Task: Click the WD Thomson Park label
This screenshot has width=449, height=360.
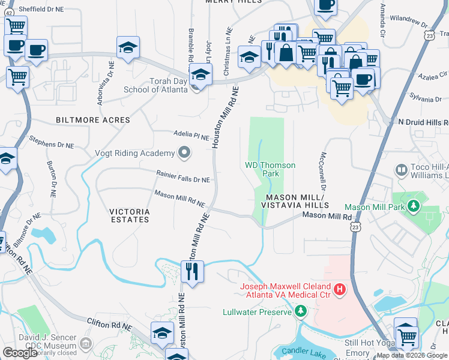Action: [x=262, y=169]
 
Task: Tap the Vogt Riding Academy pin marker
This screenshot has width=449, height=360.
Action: [x=184, y=153]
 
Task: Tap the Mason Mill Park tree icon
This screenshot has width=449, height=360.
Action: [x=413, y=207]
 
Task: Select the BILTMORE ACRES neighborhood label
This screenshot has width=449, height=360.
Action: [x=92, y=120]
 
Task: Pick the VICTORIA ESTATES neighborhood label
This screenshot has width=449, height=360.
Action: [x=129, y=215]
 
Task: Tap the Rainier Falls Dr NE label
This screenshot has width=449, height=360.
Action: [x=183, y=179]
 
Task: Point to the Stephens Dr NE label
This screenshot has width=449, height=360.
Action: [x=52, y=143]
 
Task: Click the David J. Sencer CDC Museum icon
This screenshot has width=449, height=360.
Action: [x=86, y=343]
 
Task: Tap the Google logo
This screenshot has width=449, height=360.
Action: [x=20, y=353]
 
